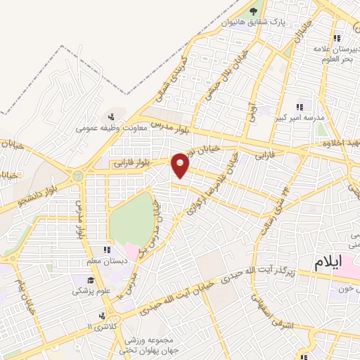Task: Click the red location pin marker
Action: pyautogui.click(x=181, y=165)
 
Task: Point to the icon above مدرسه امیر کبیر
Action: pyautogui.click(x=300, y=107)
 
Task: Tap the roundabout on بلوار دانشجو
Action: pyautogui.click(x=79, y=175)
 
